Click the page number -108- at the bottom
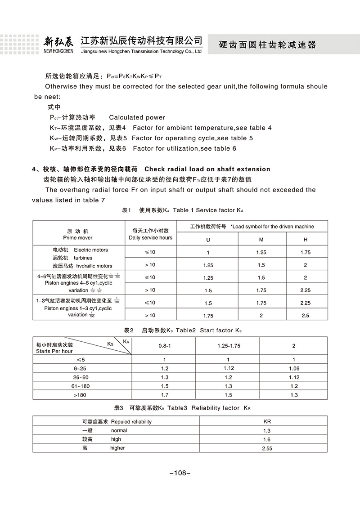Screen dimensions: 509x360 (x=180, y=473)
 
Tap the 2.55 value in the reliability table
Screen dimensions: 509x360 (x=266, y=448)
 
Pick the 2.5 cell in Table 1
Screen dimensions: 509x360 (x=306, y=316)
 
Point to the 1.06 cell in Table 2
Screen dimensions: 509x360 (x=294, y=368)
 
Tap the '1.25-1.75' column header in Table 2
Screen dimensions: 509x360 (x=229, y=346)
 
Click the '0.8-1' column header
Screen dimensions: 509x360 (x=164, y=346)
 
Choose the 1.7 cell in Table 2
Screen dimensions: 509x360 (x=164, y=395)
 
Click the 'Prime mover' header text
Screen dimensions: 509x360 (x=78, y=237)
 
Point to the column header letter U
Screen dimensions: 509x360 (x=208, y=239)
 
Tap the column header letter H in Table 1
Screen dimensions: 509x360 (x=306, y=239)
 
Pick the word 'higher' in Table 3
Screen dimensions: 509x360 (x=117, y=448)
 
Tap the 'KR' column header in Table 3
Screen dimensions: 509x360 (x=266, y=422)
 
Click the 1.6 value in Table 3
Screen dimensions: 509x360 (x=266, y=439)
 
